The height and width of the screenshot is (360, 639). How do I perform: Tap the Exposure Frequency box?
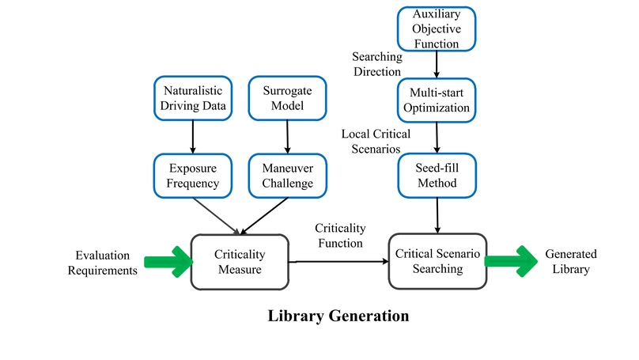pos(193,176)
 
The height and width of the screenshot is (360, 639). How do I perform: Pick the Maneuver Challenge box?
pos(286,176)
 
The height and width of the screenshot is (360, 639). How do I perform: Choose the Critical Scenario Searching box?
pos(436,261)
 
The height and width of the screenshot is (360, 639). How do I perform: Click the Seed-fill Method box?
pos(437,176)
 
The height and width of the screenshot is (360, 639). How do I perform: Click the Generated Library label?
pos(571,262)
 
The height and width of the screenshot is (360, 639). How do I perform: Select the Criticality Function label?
pos(340,235)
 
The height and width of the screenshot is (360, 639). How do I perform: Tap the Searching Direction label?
pos(377,64)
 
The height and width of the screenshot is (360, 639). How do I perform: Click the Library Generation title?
pos(338,316)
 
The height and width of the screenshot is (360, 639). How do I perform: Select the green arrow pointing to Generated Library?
pos(510,262)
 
